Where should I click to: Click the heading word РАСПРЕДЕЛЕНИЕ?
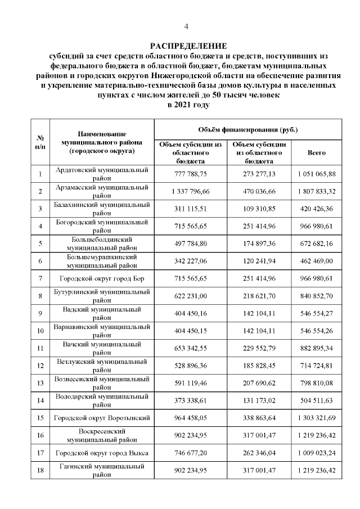(188, 46)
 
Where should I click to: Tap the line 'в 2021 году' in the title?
(188, 105)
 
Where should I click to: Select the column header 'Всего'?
(317, 152)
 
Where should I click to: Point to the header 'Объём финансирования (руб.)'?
(248, 130)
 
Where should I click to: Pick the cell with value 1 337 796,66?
(191, 192)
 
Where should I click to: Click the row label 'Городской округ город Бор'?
(102, 278)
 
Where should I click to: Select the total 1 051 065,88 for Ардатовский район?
(317, 174)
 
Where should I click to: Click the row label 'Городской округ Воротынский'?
(102, 418)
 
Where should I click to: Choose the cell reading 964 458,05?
(191, 418)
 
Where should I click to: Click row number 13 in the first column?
(40, 383)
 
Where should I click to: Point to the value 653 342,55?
(191, 348)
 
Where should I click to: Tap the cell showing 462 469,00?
(317, 261)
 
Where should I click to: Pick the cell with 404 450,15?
(191, 331)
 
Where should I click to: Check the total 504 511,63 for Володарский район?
(317, 400)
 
